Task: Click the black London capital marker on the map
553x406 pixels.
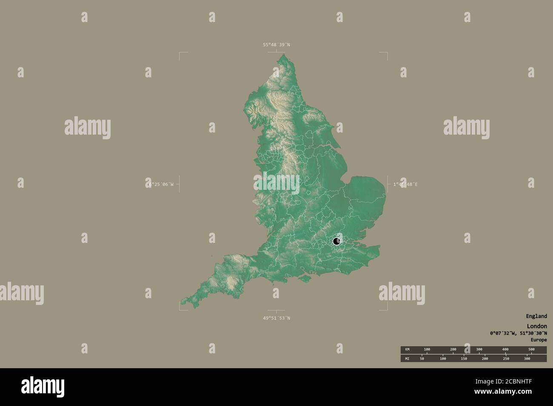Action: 336,242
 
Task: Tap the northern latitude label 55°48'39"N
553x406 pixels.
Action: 276,45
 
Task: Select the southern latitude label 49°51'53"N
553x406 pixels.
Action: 276,318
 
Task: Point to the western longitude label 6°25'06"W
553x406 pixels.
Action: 161,184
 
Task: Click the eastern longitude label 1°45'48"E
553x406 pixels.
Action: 405,184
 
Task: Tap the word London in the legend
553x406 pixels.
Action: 537,326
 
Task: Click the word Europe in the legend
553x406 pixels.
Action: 539,340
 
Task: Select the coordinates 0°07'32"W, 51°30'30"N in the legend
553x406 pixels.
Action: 518,333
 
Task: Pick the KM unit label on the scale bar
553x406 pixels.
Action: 407,350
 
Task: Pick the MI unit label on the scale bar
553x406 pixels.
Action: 407,358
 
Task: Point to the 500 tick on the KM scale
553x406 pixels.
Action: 531,350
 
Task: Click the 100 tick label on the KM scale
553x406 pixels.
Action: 427,350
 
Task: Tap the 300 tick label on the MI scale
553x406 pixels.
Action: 527,358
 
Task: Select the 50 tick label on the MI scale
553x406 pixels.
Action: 422,358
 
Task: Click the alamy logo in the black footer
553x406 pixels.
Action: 43,387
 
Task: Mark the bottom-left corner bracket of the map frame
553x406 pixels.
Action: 181,309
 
